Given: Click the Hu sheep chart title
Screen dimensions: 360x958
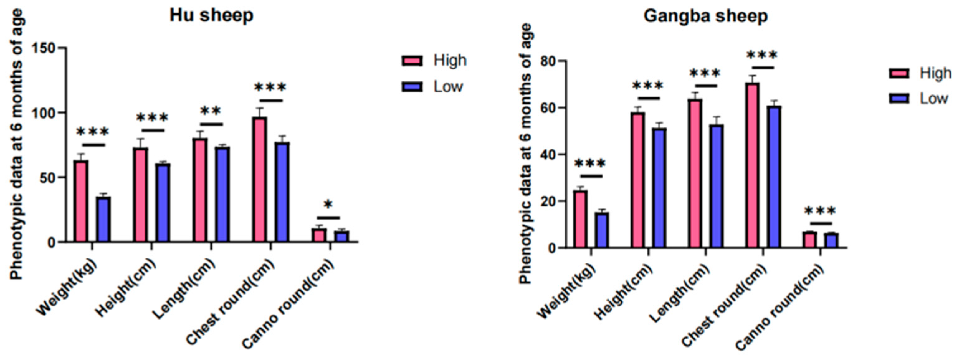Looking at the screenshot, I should click(211, 16).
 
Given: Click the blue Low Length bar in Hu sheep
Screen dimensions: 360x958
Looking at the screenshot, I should click(222, 194).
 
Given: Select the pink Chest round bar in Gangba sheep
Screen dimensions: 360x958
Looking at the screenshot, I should click(752, 165).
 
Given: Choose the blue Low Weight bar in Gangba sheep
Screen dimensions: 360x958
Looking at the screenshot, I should click(601, 230).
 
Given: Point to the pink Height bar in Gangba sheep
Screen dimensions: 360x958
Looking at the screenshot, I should click(637, 180).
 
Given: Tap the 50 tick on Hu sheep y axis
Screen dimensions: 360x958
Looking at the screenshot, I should click(48, 178).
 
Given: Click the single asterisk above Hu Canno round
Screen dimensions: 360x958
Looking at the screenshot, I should click(328, 205).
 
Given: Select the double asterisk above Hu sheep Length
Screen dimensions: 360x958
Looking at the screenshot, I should click(211, 111).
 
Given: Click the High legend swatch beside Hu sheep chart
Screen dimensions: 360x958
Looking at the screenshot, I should click(412, 61).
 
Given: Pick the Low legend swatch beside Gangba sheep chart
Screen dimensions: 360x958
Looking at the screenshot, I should click(899, 98).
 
